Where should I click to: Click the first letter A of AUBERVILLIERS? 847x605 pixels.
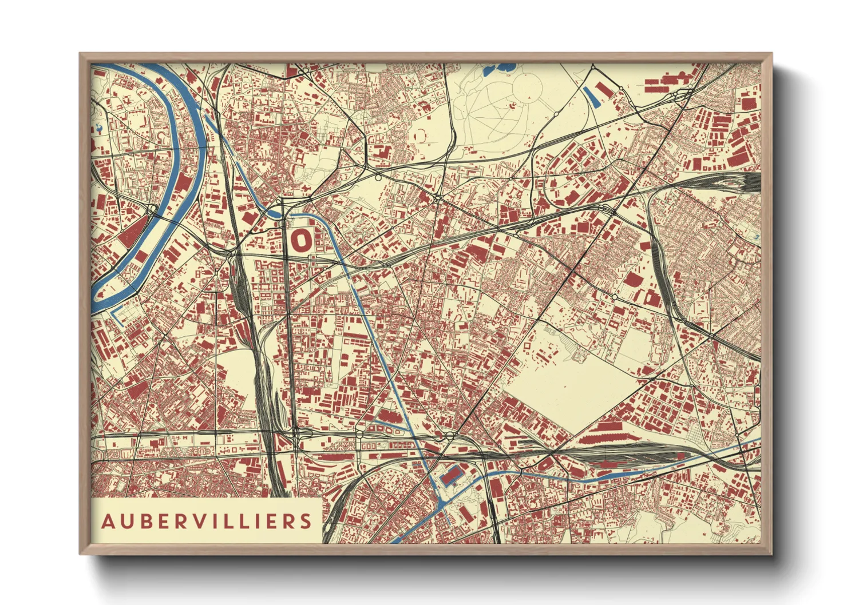(x=107, y=522)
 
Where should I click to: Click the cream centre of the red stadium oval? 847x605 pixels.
(x=300, y=241)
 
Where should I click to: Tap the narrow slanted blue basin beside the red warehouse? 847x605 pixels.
(x=590, y=97)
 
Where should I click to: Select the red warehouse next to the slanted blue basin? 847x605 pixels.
(x=603, y=90)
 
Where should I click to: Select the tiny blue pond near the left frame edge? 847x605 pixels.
(x=101, y=129)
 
